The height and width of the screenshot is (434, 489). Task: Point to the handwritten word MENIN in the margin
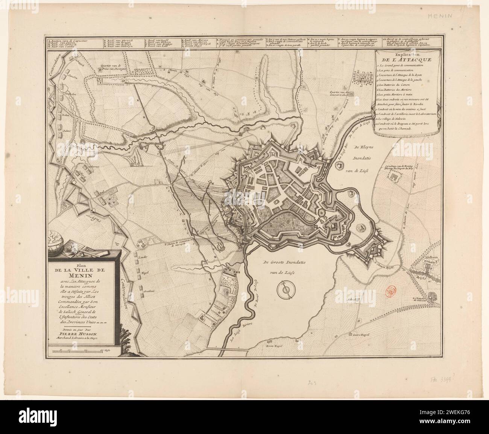click(x=456, y=16)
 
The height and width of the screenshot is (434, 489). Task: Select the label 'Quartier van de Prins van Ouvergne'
click(x=110, y=69)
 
